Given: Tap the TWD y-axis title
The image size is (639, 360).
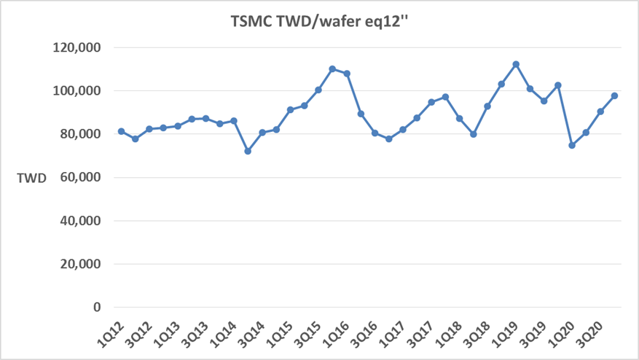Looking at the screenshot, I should tap(33, 177).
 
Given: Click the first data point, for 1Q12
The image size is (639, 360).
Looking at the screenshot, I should tap(121, 132).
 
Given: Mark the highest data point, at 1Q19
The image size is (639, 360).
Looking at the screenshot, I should tap(516, 64).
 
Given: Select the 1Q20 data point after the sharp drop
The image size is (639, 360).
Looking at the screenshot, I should tap(572, 146).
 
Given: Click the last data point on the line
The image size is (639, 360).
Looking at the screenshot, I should tap(614, 96).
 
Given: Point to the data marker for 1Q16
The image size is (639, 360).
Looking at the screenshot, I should tap(347, 74).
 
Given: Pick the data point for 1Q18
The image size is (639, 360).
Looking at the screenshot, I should tap(459, 119).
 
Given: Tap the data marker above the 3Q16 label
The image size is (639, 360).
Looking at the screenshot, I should tap(375, 133).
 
